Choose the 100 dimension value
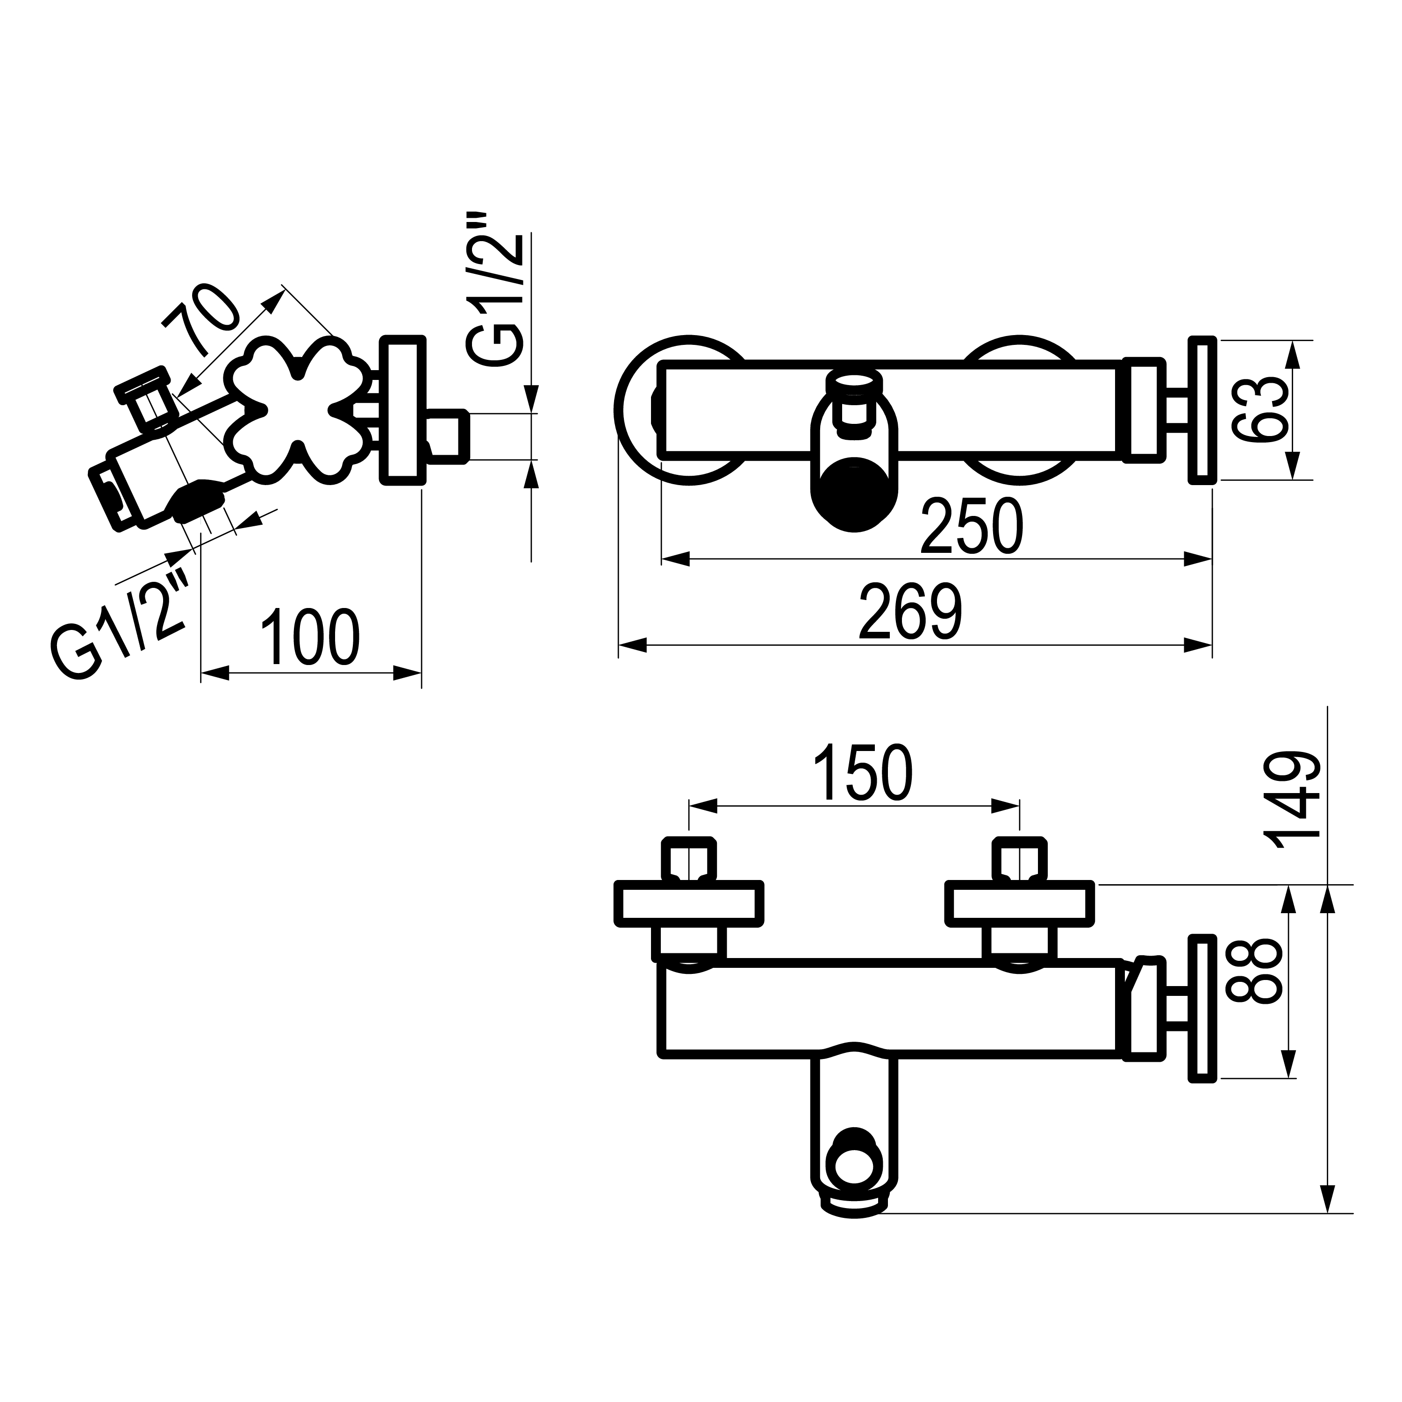pyautogui.click(x=309, y=637)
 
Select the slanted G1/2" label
pyautogui.click(x=120, y=626)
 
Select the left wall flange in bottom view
pyautogui.click(x=689, y=904)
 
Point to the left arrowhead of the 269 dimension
pyautogui.click(x=632, y=645)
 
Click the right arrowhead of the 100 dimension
pyautogui.click(x=407, y=672)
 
